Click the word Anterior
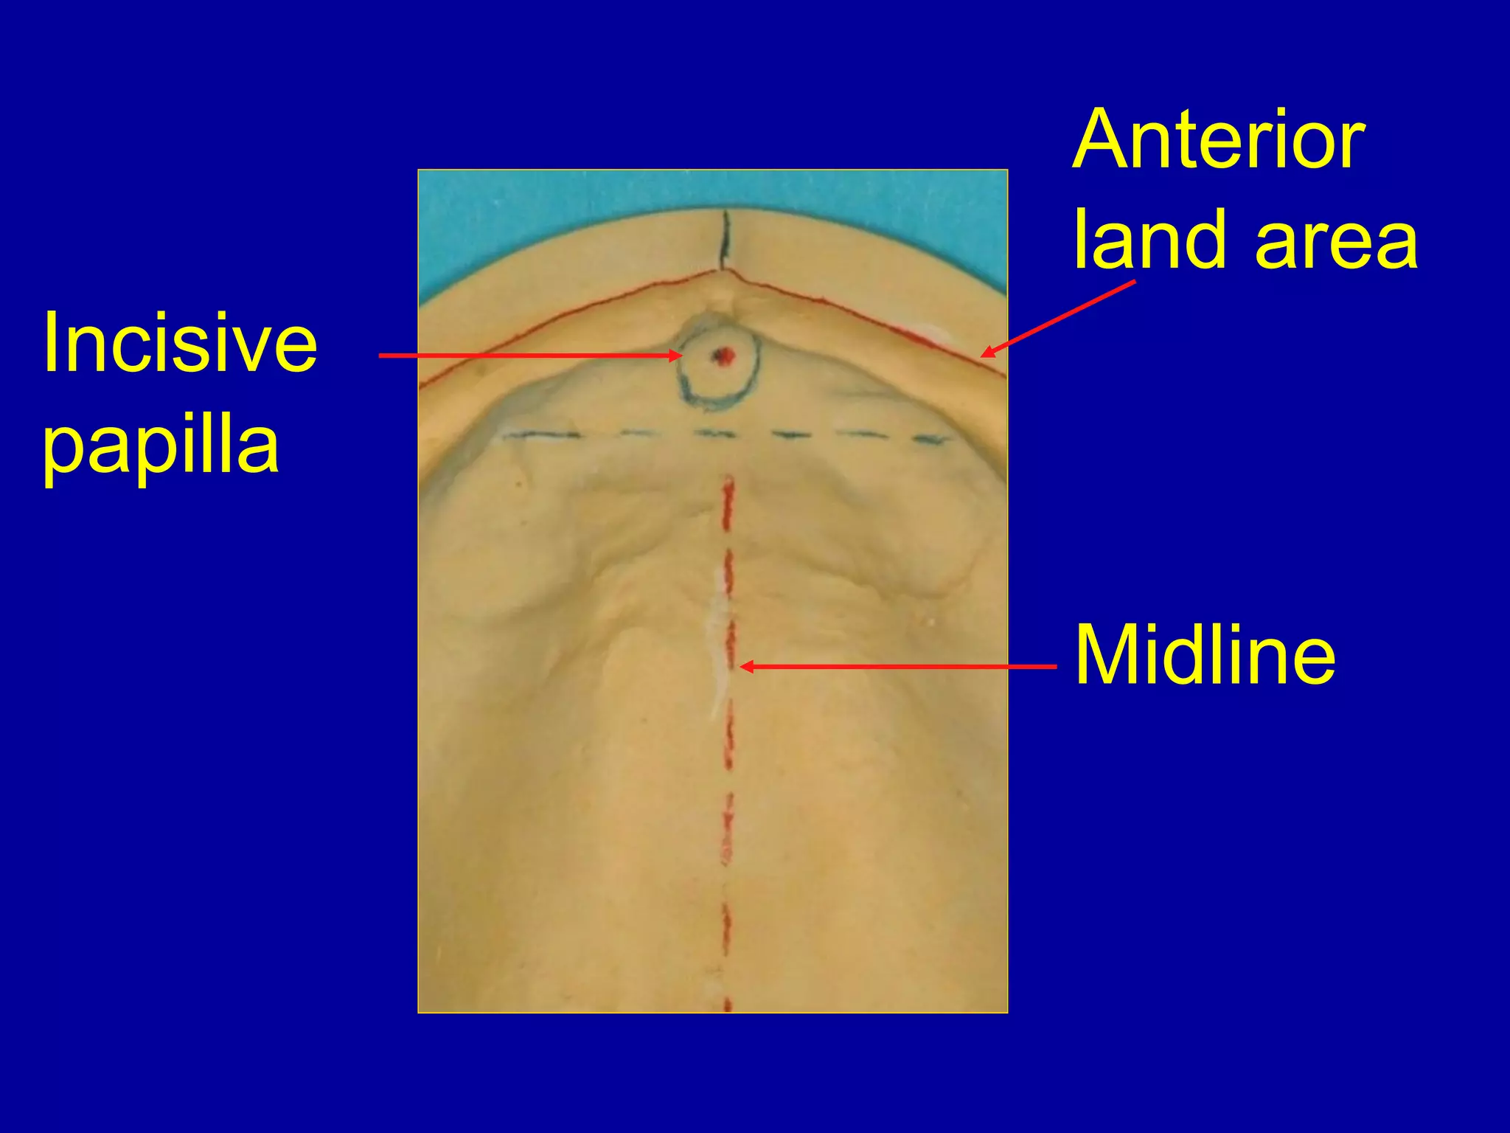coord(1218,139)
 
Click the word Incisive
coord(180,343)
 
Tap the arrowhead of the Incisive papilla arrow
coord(677,356)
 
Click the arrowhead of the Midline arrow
coord(745,667)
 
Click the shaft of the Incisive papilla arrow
coord(523,356)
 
